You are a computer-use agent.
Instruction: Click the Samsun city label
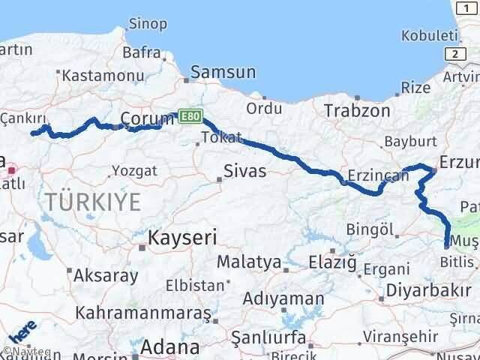click(223, 73)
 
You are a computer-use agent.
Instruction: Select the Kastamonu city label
click(93, 76)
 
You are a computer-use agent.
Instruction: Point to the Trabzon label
click(357, 110)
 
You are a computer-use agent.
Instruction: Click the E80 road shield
click(190, 115)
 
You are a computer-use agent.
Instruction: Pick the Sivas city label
click(245, 171)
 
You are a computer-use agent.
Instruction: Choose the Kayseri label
click(183, 238)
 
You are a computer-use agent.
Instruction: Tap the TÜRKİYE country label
click(93, 201)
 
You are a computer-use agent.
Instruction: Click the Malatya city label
click(248, 262)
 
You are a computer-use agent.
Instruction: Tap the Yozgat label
click(134, 170)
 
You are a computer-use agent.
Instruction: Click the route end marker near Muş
click(447, 244)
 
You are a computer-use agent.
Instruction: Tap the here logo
click(23, 329)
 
